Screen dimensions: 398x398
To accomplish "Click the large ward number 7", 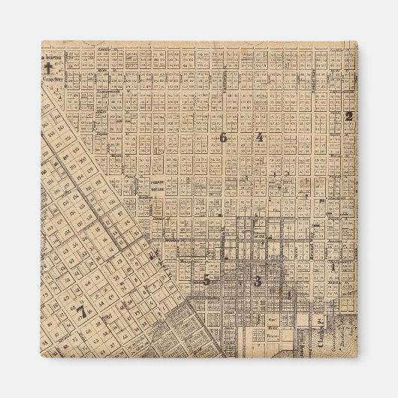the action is tap(80, 309).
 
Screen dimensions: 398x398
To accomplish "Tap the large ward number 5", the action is tap(207, 280).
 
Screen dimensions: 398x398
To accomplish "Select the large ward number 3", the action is tap(258, 282).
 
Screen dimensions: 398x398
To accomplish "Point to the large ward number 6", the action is tap(223, 137).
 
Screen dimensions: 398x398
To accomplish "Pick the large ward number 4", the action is tap(259, 137).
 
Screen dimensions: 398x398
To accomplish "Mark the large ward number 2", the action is tap(348, 116).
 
